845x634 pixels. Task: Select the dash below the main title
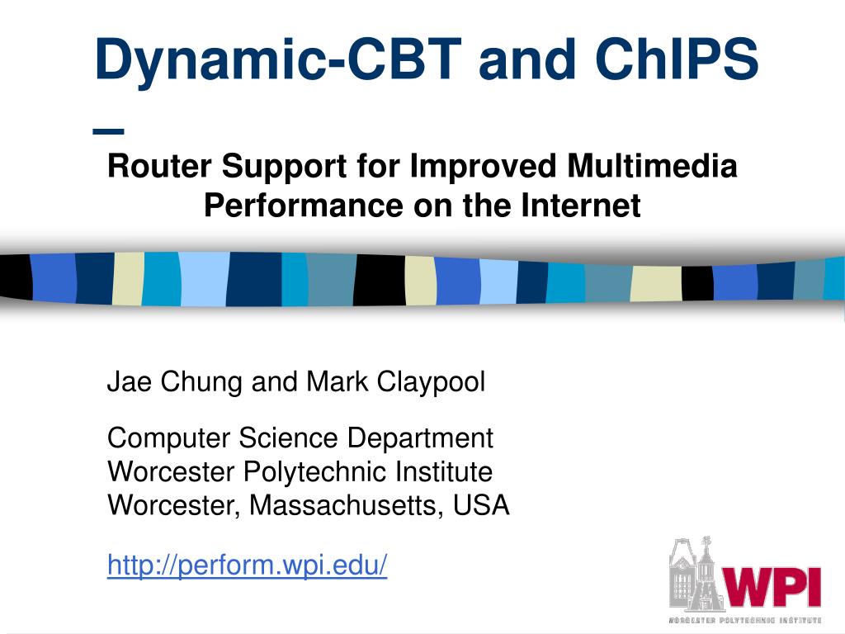click(x=108, y=131)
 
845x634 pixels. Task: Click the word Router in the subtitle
click(x=160, y=165)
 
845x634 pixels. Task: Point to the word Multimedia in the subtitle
click(x=652, y=165)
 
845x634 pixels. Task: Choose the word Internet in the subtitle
click(x=581, y=205)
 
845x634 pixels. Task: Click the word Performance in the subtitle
click(x=304, y=206)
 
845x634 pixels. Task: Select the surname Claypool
click(x=431, y=382)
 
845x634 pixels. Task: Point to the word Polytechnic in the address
click(x=314, y=472)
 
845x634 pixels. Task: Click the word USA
click(x=481, y=505)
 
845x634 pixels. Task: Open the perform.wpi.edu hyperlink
click(x=248, y=565)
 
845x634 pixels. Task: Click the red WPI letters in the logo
click(x=771, y=588)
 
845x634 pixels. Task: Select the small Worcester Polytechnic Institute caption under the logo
click(x=745, y=621)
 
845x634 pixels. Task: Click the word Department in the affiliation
click(x=420, y=438)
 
